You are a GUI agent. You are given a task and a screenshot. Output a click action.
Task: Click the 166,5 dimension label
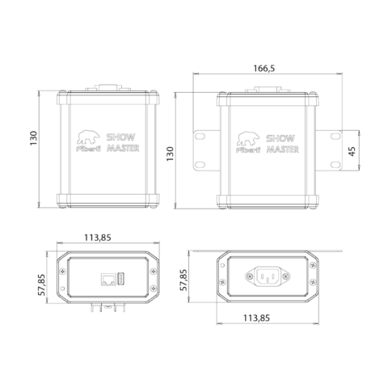[264, 69]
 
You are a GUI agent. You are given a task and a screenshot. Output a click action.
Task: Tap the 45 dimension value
[352, 151]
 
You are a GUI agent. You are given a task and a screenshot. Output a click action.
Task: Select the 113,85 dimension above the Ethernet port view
[98, 238]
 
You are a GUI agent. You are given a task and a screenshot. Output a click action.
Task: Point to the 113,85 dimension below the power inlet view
[256, 318]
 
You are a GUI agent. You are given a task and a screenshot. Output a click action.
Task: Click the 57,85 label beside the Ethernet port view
[41, 285]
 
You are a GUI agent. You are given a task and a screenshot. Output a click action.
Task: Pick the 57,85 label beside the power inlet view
[183, 280]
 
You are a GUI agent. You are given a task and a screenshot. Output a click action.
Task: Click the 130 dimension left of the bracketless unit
[33, 138]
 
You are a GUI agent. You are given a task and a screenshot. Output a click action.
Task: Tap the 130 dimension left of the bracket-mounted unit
[170, 154]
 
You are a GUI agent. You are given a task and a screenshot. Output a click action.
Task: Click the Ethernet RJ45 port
[108, 279]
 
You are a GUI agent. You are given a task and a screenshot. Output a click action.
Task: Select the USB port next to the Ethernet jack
[120, 279]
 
